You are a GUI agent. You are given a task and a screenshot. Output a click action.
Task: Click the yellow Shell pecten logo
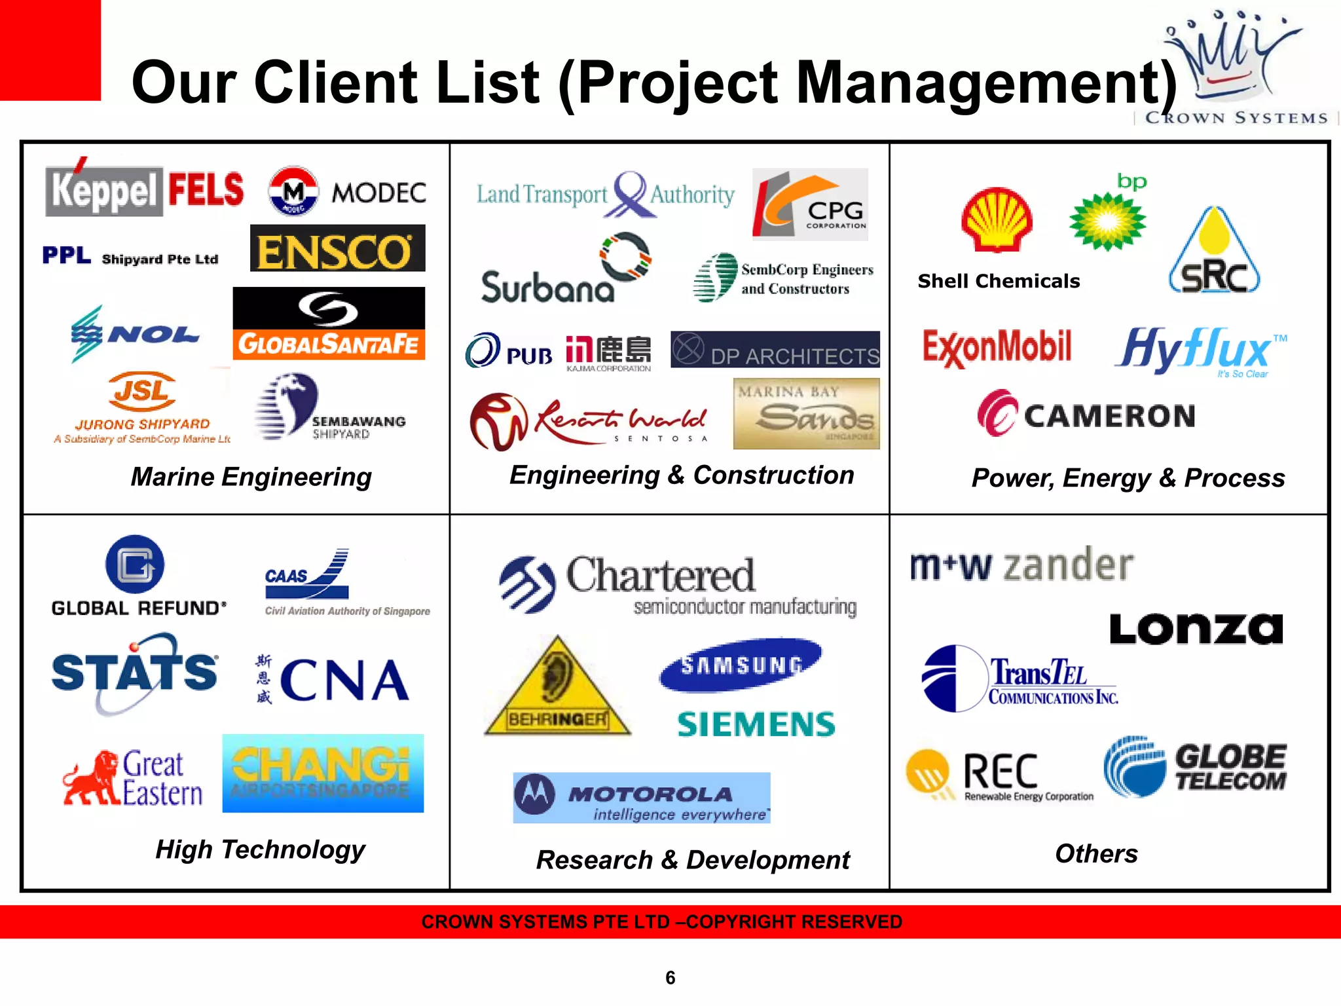[997, 220]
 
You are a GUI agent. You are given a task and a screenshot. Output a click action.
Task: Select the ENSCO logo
[337, 248]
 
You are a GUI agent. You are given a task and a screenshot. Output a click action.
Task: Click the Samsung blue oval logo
[741, 665]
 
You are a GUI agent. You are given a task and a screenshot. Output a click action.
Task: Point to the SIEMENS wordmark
[756, 724]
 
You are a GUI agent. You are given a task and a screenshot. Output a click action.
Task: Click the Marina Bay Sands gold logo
[806, 414]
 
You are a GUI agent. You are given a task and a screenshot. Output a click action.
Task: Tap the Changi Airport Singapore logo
[323, 773]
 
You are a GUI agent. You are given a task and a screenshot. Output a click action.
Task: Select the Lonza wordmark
[1196, 629]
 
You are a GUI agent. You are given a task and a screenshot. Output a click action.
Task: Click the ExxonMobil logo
[997, 347]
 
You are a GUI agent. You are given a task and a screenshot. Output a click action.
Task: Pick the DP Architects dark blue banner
[775, 350]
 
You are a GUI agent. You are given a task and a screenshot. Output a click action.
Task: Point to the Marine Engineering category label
[251, 477]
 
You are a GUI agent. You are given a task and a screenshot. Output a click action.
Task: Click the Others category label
[1096, 853]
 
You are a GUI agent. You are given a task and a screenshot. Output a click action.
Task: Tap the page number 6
[670, 978]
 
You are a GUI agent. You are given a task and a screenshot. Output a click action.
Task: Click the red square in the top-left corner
[50, 50]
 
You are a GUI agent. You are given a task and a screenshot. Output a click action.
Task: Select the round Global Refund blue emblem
[135, 565]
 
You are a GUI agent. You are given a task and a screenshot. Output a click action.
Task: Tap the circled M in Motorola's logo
[535, 794]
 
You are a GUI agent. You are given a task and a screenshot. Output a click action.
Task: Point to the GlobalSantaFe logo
[329, 324]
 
